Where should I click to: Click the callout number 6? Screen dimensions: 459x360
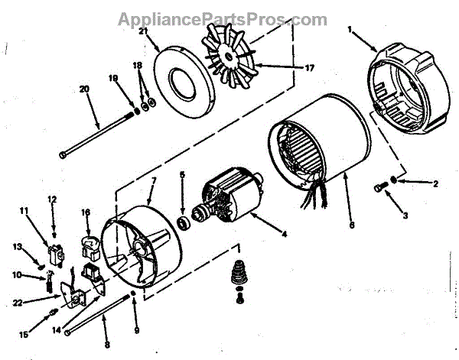[x=351, y=226]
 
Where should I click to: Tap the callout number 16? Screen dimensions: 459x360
[x=86, y=213]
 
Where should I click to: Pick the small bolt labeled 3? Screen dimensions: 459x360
[x=380, y=187]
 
